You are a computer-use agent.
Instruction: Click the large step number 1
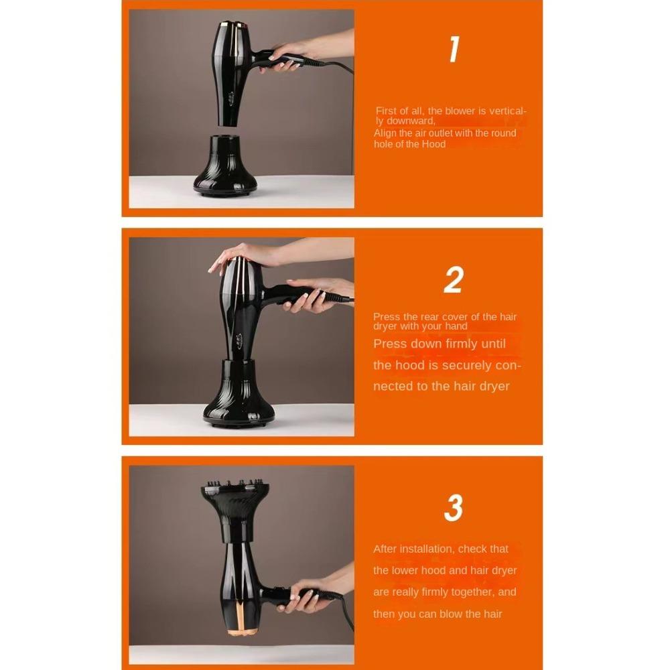coord(454,50)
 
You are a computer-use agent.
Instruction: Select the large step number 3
coord(454,509)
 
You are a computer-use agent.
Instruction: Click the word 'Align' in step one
coord(385,133)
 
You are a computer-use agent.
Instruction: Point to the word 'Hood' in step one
coord(433,144)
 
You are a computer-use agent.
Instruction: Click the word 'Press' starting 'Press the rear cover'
coord(386,317)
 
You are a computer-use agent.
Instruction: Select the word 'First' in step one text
coord(386,111)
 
